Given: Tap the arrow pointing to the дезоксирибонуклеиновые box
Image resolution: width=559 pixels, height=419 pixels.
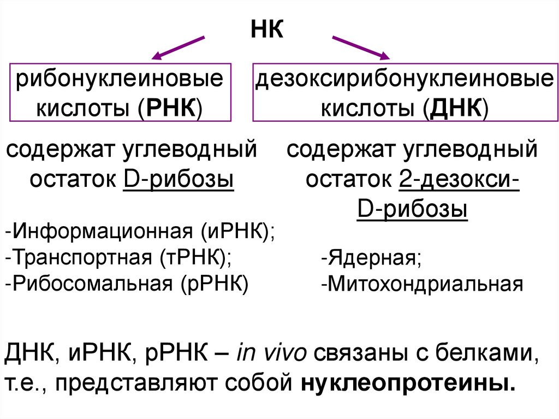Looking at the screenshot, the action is click(361, 48).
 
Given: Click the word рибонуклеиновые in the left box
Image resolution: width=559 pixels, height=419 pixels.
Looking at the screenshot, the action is click(120, 80).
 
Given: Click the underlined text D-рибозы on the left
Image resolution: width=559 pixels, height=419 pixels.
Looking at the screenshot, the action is click(179, 178).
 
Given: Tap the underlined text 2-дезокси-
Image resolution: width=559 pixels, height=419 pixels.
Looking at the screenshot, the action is click(459, 178).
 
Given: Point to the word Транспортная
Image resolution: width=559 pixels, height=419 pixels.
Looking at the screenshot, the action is click(81, 257).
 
